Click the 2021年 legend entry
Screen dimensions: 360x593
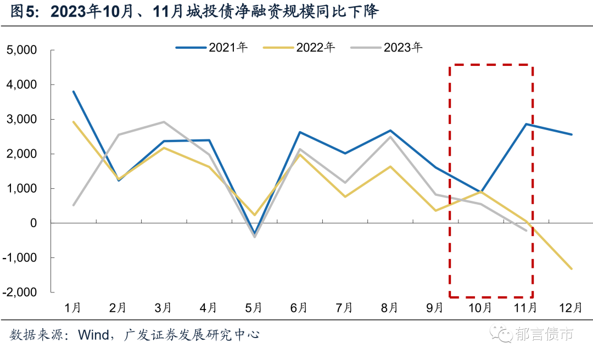coord(211,47)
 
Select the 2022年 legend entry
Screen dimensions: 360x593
coord(299,47)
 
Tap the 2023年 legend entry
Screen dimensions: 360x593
coord(387,47)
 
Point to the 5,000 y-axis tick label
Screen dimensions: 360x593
coord(21,50)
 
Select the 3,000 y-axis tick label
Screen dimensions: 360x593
coord(21,119)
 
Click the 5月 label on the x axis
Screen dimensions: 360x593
coord(253,308)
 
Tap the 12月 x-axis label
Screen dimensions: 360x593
coord(571,308)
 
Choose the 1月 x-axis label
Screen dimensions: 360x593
coord(73,308)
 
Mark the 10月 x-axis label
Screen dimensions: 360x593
coord(480,308)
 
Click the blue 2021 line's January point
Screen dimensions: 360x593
coord(74,92)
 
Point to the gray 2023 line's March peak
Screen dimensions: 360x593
coord(164,122)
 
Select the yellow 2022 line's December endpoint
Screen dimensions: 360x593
coord(571,268)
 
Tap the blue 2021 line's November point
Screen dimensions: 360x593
coord(526,124)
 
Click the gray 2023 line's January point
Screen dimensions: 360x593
coord(74,205)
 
